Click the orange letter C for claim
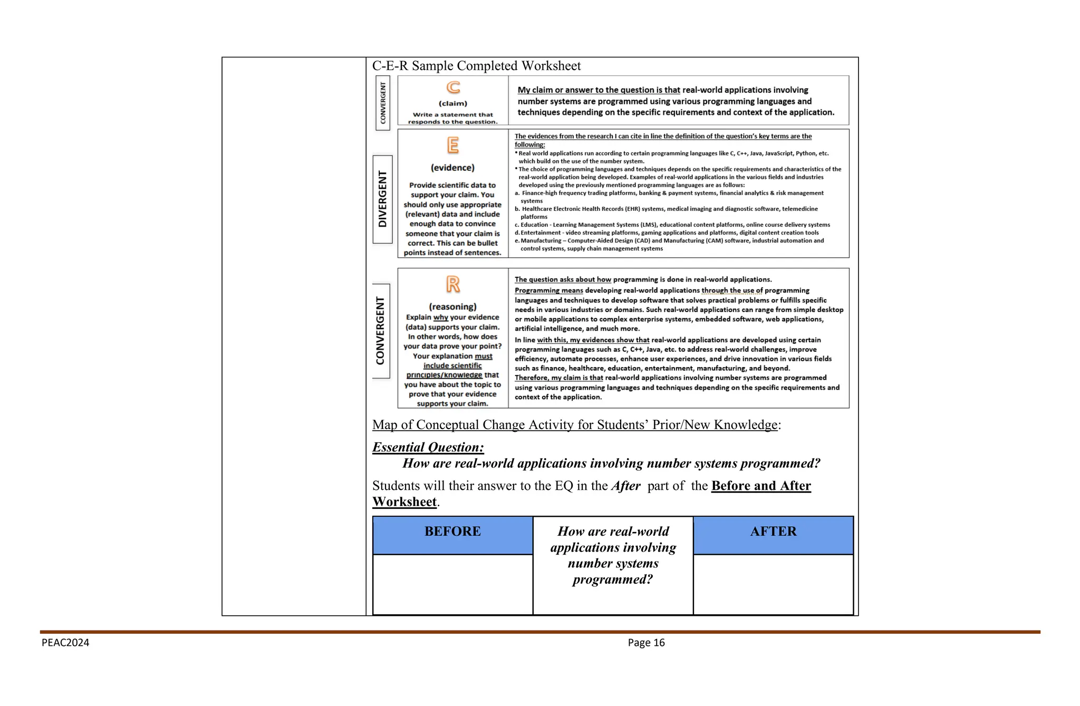pyautogui.click(x=453, y=88)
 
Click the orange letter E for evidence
pyautogui.click(x=452, y=145)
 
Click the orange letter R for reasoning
pyautogui.click(x=452, y=284)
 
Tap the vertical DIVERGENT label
pyautogui.click(x=382, y=199)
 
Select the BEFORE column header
pyautogui.click(x=452, y=531)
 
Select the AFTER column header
pyautogui.click(x=773, y=531)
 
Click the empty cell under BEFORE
pyautogui.click(x=452, y=584)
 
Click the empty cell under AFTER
pyautogui.click(x=773, y=584)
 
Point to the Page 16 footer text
pyautogui.click(x=646, y=643)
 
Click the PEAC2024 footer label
pyautogui.click(x=65, y=643)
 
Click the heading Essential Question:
pyautogui.click(x=428, y=447)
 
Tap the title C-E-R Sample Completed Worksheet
pyautogui.click(x=476, y=66)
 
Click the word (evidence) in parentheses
pyautogui.click(x=452, y=168)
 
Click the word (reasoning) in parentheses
pyautogui.click(x=452, y=306)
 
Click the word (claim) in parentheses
pyautogui.click(x=452, y=103)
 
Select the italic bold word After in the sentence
pyautogui.click(x=625, y=486)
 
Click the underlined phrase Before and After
pyautogui.click(x=760, y=486)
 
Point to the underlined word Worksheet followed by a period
pyautogui.click(x=404, y=502)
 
